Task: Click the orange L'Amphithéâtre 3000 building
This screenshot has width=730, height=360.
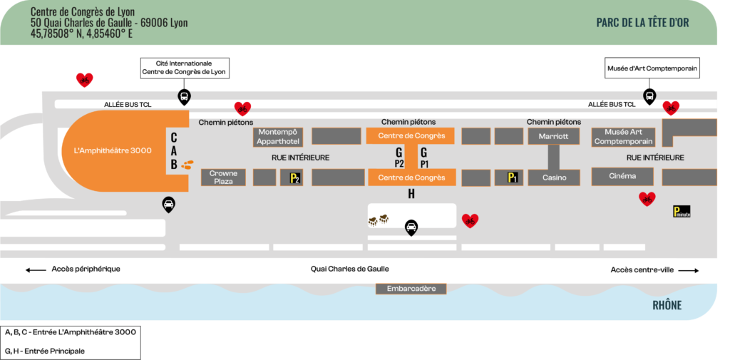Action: (x=114, y=150)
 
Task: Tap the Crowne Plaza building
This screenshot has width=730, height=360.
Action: (x=223, y=177)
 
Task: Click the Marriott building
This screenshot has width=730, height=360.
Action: (x=553, y=136)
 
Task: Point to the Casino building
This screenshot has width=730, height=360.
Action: (x=553, y=177)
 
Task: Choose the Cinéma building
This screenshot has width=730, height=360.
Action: (x=622, y=176)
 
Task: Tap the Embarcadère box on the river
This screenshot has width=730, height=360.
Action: (x=411, y=289)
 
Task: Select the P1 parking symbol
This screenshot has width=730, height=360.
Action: (x=512, y=178)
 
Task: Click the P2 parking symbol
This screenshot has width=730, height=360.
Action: (x=295, y=178)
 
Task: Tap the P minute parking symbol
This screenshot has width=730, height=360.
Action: (x=682, y=211)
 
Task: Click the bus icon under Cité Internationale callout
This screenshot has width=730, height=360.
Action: (x=184, y=97)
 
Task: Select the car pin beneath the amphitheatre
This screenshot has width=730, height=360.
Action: (x=168, y=205)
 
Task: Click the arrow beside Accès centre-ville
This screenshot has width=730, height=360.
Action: (x=689, y=270)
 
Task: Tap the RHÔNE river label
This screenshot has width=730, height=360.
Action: (x=667, y=305)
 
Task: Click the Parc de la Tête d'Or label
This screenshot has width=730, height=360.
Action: (x=642, y=22)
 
